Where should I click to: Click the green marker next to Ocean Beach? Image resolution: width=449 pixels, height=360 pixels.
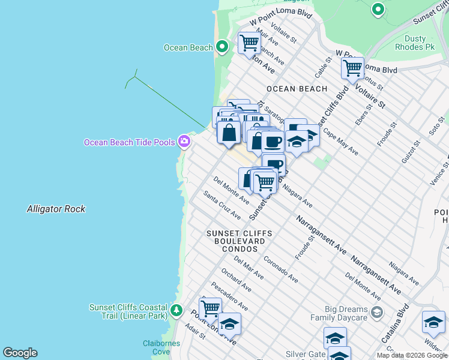click(222, 47)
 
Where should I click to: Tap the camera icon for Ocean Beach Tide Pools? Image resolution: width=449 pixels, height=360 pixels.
click(184, 142)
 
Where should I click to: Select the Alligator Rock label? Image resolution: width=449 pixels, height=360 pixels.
click(56, 209)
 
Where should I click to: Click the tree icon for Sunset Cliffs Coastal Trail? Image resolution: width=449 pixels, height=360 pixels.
click(176, 310)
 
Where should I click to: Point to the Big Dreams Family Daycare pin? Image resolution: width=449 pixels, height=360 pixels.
click(376, 312)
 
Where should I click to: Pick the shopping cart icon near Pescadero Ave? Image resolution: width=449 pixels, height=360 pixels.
click(210, 308)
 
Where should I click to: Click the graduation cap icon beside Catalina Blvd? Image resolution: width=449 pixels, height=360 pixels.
click(433, 323)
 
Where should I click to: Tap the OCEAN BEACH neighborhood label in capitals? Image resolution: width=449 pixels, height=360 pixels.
click(297, 89)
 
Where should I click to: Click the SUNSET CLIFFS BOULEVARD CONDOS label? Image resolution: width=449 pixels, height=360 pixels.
click(239, 241)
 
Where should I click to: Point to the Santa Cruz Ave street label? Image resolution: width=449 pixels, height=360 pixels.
click(222, 205)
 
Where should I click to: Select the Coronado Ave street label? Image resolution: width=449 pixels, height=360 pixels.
click(280, 271)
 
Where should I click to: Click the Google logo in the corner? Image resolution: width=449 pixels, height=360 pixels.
click(20, 353)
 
